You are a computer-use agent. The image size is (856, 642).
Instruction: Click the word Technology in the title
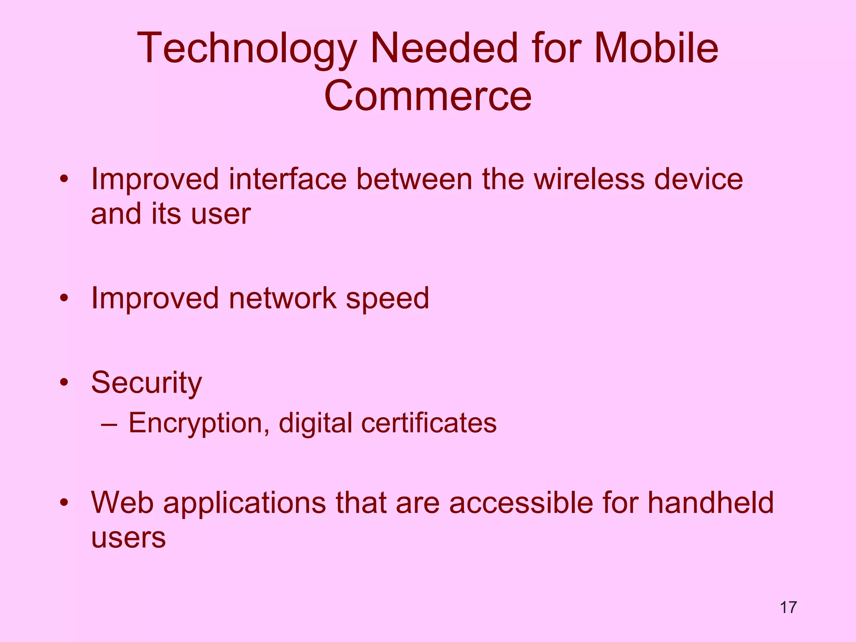[247, 49]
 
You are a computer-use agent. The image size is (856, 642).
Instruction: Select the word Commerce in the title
[428, 96]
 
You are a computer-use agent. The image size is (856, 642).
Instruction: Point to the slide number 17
[788, 607]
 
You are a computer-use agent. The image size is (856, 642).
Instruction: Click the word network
[283, 298]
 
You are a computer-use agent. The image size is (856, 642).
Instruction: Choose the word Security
[146, 383]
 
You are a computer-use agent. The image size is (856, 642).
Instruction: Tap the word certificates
[429, 423]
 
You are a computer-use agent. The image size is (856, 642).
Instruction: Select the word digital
[316, 423]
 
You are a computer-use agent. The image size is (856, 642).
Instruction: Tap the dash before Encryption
[109, 423]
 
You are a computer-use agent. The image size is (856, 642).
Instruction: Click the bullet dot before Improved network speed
[64, 298]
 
